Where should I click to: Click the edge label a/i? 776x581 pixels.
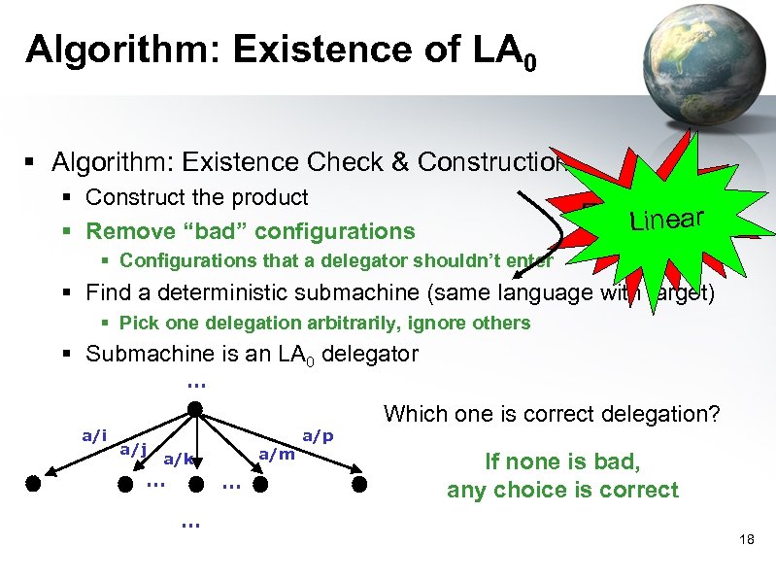tap(94, 436)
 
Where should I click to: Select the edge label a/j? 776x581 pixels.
tap(133, 449)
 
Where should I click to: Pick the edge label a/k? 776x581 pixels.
tap(178, 458)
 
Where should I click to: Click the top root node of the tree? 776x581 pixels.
tap(195, 410)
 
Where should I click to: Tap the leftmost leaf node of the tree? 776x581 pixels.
tap(35, 482)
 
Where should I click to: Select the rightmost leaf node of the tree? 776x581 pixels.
tap(359, 482)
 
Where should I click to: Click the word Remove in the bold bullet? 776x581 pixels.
tap(118, 231)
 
